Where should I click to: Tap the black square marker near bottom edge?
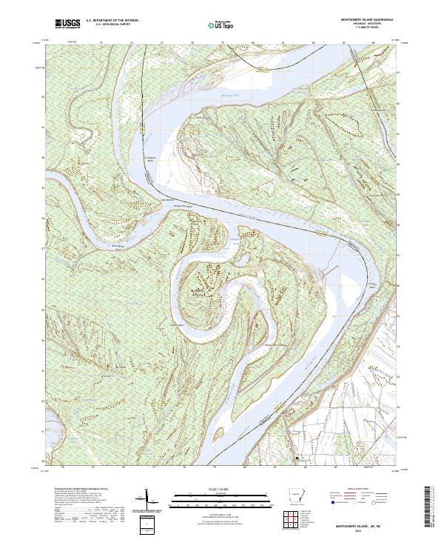click(297, 459)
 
